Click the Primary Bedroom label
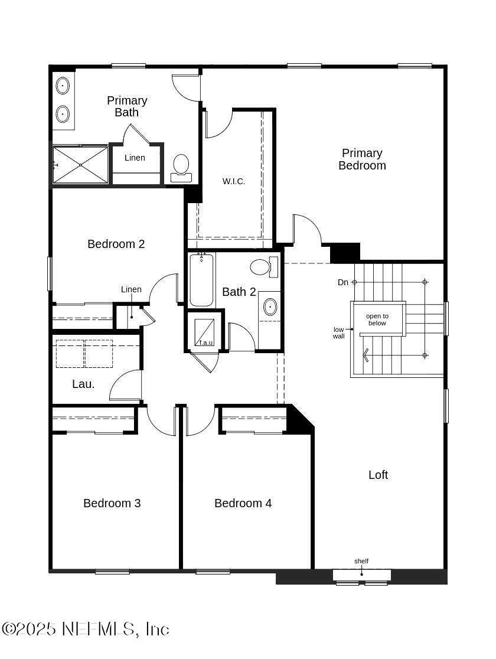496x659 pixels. pos(362,159)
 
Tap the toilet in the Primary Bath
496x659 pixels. pos(181,168)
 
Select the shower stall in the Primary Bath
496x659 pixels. pos(80,165)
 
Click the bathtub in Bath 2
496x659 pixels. pos(201,279)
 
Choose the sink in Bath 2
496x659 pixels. pos(270,307)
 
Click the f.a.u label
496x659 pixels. pos(206,342)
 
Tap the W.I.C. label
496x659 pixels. pos(234,181)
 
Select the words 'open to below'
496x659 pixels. pos(377,319)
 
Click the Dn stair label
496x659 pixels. pos(343,282)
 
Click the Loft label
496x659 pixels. pos(378,475)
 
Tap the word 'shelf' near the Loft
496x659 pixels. pos(361,561)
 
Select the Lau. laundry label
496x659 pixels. pos(83,384)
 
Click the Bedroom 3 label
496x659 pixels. pos(112,503)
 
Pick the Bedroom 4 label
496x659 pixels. pos(243,503)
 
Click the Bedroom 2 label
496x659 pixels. pos(116,244)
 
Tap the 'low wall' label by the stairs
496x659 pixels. pos(339,333)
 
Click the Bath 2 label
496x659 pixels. pos(239,292)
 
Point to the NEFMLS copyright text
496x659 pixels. pos(86,629)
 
